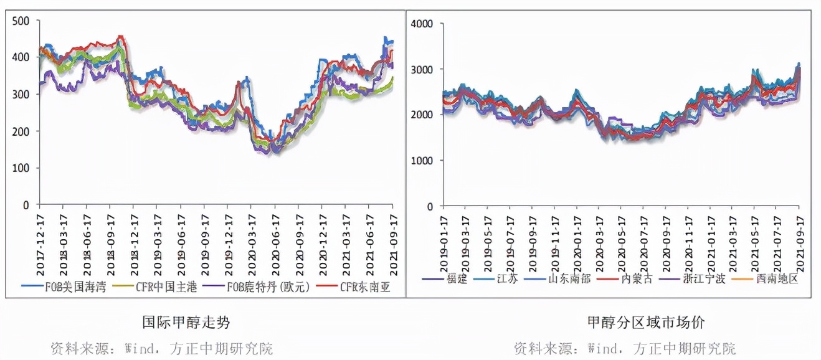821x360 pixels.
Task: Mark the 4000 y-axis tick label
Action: tap(424, 24)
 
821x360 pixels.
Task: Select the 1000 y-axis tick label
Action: tap(424, 161)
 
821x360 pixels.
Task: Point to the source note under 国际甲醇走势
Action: tap(161, 348)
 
